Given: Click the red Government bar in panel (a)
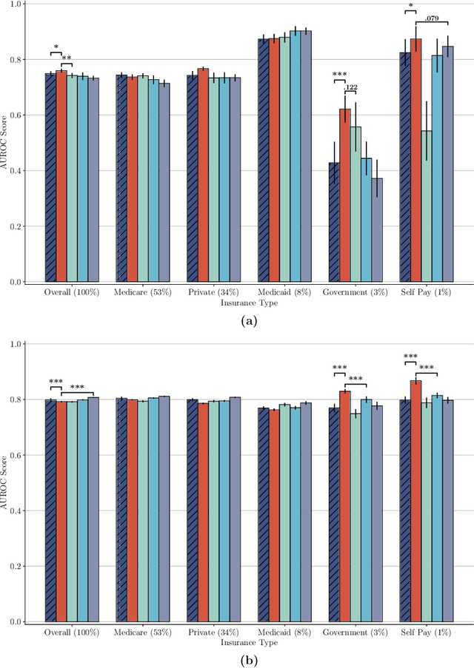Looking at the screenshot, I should (345, 195).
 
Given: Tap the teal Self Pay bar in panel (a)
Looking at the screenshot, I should (427, 206).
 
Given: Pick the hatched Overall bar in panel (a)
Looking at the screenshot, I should (50, 178).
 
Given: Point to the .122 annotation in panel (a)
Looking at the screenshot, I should (351, 88).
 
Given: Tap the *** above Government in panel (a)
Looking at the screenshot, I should (340, 75).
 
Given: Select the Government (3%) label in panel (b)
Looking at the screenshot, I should (356, 632).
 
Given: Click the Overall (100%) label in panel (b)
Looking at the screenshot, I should (72, 632).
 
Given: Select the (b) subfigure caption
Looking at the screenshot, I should (250, 658).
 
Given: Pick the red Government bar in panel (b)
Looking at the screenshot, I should (345, 506).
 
